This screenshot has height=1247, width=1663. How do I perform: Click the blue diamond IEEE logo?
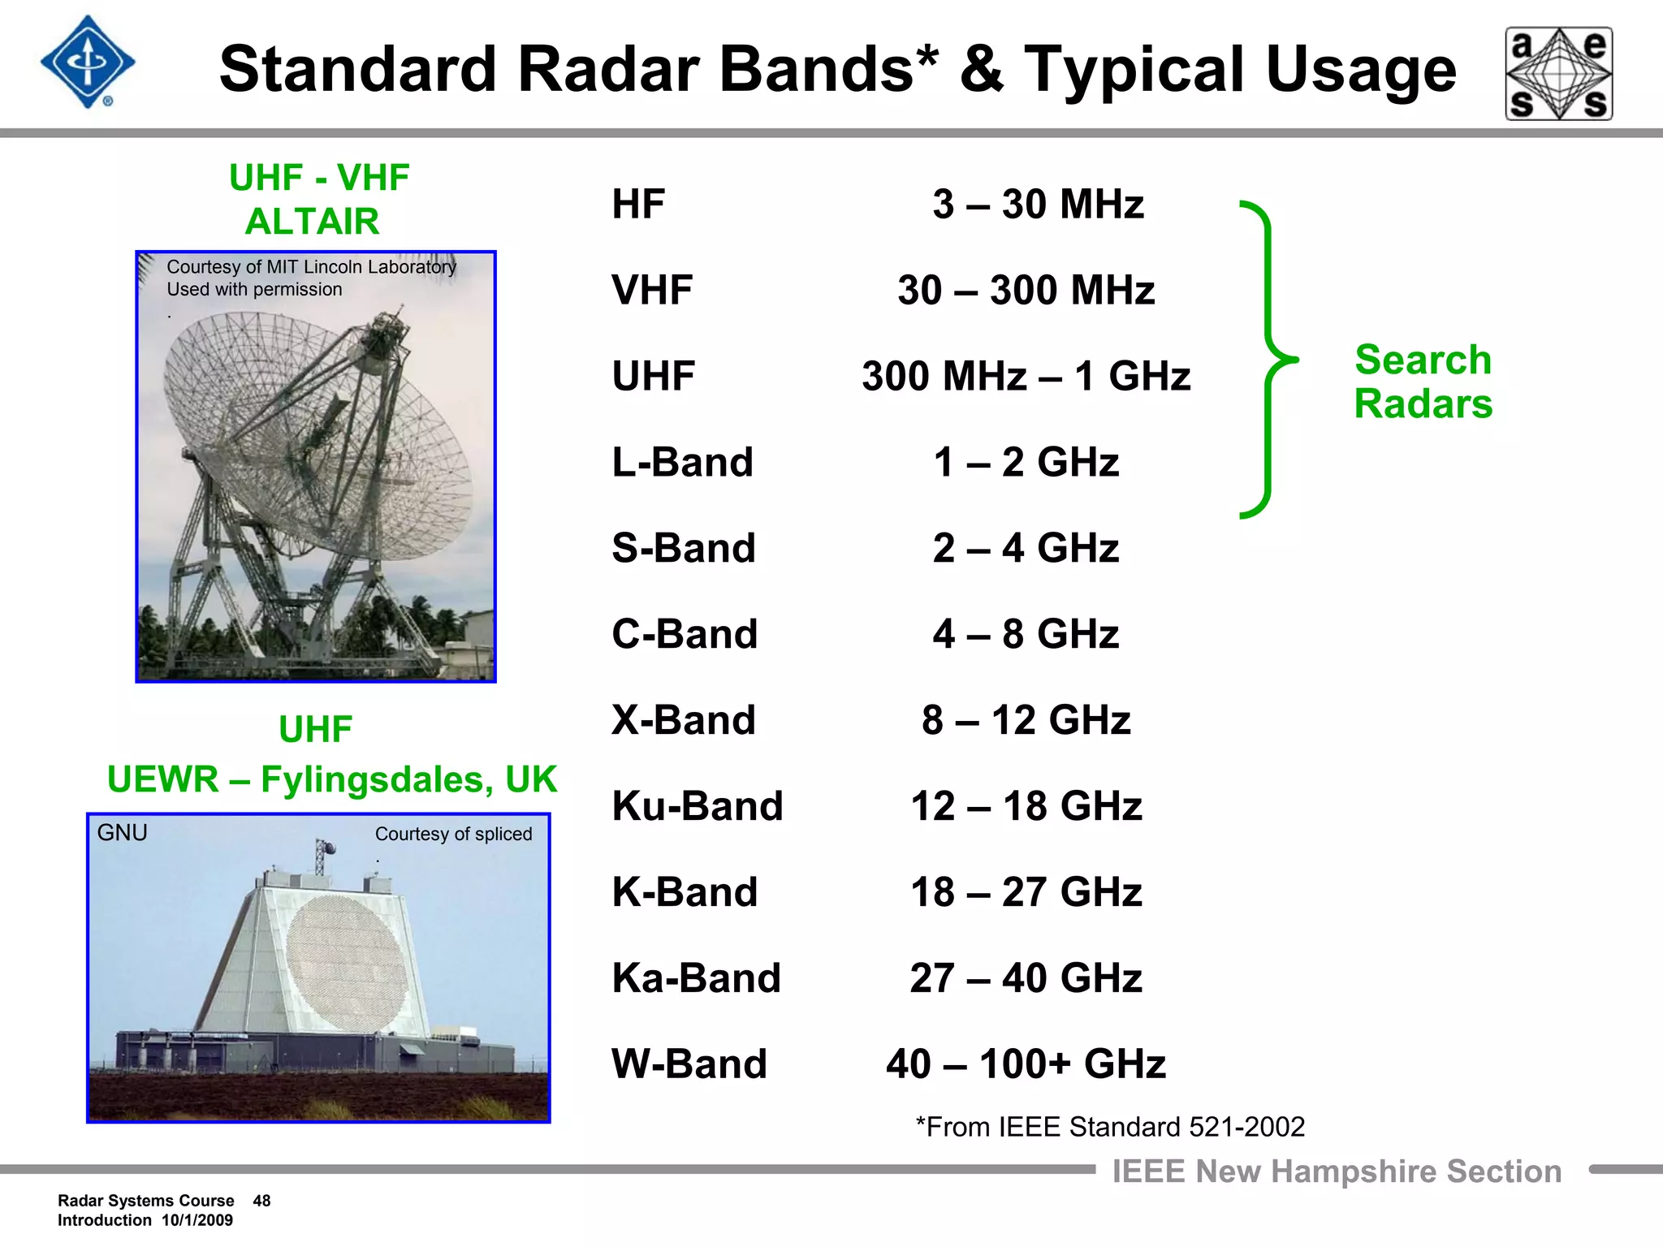pos(88,63)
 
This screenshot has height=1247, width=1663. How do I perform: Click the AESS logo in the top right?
pos(1558,74)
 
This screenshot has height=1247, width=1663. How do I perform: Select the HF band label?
pos(638,204)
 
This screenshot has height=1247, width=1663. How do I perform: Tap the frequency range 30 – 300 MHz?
pos(1026,290)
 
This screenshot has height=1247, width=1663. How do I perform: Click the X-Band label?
pos(683,720)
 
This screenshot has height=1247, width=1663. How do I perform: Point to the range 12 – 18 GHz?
pos(1026,806)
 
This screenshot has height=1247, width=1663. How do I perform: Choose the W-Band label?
pos(689,1064)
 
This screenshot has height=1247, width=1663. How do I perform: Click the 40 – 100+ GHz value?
pos(1026,1064)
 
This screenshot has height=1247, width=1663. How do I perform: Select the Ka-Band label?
pos(696,977)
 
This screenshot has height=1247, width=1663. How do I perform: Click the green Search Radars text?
pos(1423,382)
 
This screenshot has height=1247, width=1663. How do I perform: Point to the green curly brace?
pos(1267,359)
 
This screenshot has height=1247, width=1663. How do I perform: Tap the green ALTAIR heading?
pos(312,221)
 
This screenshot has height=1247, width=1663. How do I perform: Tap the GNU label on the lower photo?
pos(122,833)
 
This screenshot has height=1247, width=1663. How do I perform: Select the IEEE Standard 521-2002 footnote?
pos(1110,1127)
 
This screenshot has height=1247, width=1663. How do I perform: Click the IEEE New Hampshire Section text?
pos(1336,1171)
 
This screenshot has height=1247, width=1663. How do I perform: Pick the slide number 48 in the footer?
pos(261,1201)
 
